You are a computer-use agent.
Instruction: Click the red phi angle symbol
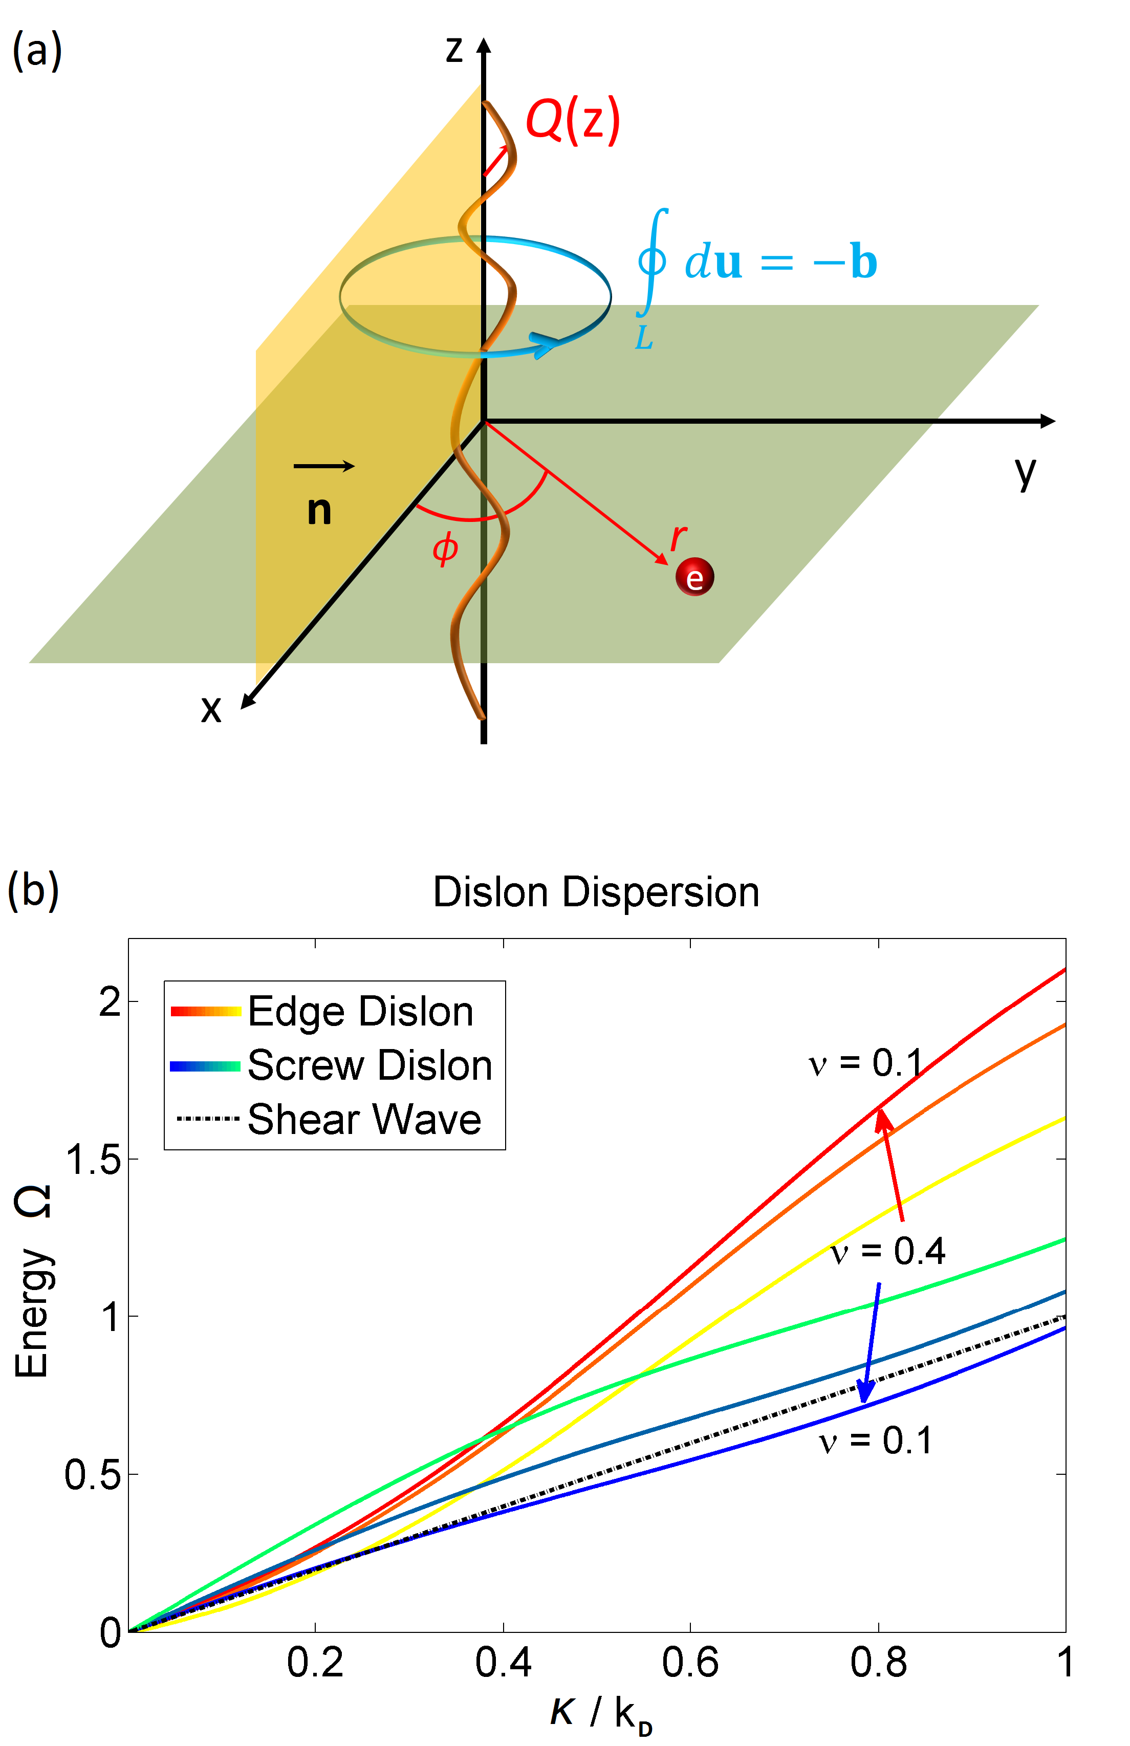pyautogui.click(x=445, y=549)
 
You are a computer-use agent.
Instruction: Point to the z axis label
pyautogui.click(x=454, y=50)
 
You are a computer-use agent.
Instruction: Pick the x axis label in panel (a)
pyautogui.click(x=211, y=709)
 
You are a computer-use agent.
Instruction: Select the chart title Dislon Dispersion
pyautogui.click(x=596, y=893)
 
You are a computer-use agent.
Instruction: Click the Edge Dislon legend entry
pyautogui.click(x=360, y=1012)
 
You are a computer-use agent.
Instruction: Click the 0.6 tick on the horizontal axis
pyautogui.click(x=690, y=1663)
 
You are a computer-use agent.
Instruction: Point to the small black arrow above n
pyautogui.click(x=324, y=466)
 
